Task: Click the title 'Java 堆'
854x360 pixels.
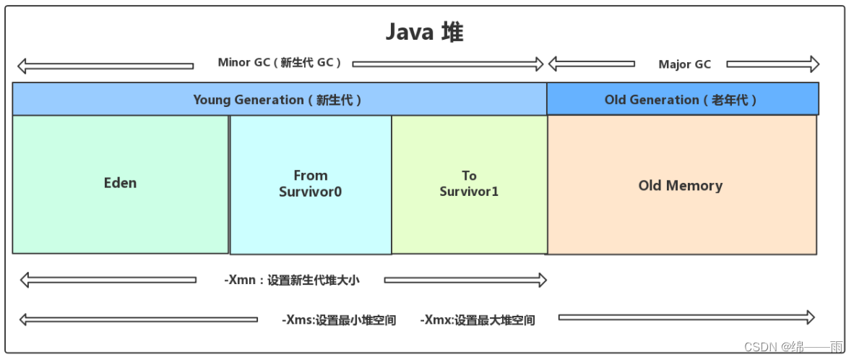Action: click(x=423, y=33)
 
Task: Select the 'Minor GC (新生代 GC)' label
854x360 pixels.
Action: click(x=280, y=63)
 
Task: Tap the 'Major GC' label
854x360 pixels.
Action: click(x=684, y=64)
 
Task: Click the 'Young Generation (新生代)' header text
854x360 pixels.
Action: click(x=277, y=100)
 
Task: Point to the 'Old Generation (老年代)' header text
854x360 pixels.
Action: click(x=681, y=100)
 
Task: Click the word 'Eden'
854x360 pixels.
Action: click(x=120, y=183)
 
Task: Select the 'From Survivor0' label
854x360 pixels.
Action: click(x=311, y=184)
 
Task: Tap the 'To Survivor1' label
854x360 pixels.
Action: click(x=469, y=184)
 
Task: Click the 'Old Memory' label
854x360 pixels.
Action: click(x=681, y=186)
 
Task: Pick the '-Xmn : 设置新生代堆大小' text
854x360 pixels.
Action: click(x=291, y=280)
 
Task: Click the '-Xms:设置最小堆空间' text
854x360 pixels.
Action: click(x=339, y=320)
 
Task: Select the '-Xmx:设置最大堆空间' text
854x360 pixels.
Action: click(x=478, y=320)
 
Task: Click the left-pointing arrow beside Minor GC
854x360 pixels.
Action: click(x=105, y=66)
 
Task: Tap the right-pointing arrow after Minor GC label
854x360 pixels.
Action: click(x=448, y=64)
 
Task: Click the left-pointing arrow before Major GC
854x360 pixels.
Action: click(x=591, y=64)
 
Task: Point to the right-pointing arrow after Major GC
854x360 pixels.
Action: click(x=772, y=64)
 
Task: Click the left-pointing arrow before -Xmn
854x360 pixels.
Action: click(x=108, y=279)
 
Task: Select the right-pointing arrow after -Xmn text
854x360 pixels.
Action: click(x=465, y=280)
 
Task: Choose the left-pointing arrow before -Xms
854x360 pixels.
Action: click(x=138, y=319)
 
